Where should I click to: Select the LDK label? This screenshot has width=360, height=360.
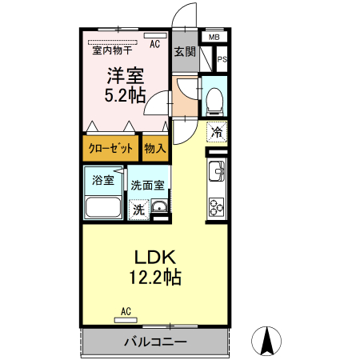click(154, 258)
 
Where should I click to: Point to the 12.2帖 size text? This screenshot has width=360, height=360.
click(154, 278)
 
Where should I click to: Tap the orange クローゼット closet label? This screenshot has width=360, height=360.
click(110, 148)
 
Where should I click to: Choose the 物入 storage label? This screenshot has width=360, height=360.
click(155, 148)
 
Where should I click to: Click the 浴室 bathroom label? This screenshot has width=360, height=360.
click(102, 180)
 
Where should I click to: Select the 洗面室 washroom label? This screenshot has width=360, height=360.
click(148, 185)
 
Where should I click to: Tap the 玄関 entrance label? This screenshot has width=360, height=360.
click(185, 51)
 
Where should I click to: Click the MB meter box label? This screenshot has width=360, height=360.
click(214, 37)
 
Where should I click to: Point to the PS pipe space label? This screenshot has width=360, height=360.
click(222, 59)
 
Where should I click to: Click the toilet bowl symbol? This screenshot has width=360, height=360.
click(214, 99)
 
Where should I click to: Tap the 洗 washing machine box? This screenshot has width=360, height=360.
click(138, 210)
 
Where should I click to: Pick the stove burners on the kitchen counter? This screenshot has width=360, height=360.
click(217, 205)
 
